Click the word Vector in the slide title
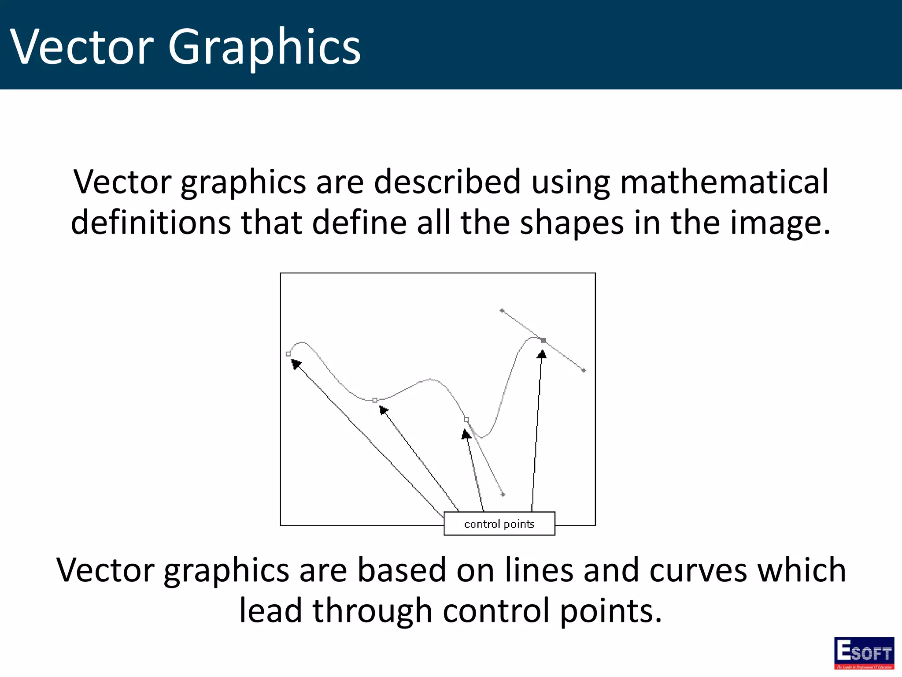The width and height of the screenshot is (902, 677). pos(82,47)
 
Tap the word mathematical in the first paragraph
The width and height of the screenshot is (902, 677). pos(724,182)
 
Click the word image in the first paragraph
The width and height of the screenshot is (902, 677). pos(775,223)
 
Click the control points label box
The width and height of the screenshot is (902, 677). pos(499,524)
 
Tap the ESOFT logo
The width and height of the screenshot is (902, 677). pos(864,652)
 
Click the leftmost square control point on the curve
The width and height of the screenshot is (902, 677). pos(288,354)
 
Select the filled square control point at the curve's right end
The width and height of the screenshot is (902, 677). pos(543,340)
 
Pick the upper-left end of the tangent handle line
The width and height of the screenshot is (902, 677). pos(502,311)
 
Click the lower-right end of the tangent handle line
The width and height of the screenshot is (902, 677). pos(584,370)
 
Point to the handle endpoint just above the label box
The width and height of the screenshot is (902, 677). pos(503,495)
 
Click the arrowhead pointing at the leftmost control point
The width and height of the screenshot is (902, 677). pos(296,363)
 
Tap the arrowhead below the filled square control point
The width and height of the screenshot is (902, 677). pos(542,354)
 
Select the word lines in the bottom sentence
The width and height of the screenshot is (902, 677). pos(539,570)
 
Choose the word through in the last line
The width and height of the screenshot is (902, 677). pos(372,611)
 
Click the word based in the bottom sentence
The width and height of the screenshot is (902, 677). pos(401,570)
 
